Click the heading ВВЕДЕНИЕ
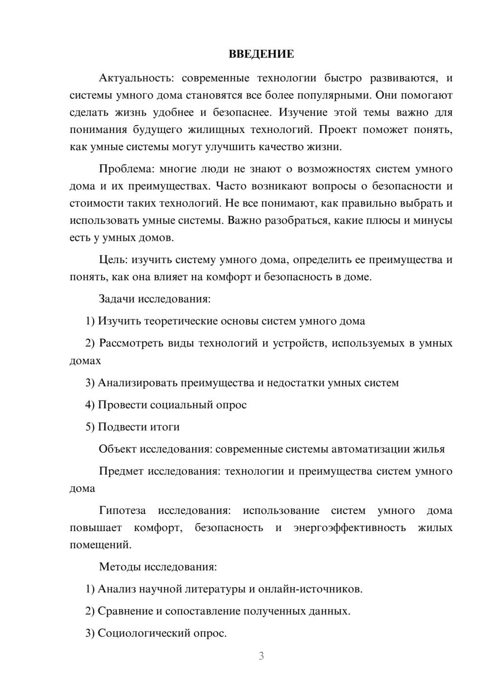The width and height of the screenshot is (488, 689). point(261,54)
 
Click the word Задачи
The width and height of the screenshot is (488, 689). point(117,299)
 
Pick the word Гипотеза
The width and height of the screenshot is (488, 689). point(122,511)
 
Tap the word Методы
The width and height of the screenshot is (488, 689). point(117,567)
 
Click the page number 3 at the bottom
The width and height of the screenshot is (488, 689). point(261,656)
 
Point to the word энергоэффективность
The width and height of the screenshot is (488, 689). point(349,528)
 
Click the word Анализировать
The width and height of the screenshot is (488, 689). point(138,383)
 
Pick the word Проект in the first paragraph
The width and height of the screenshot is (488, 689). point(339,130)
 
